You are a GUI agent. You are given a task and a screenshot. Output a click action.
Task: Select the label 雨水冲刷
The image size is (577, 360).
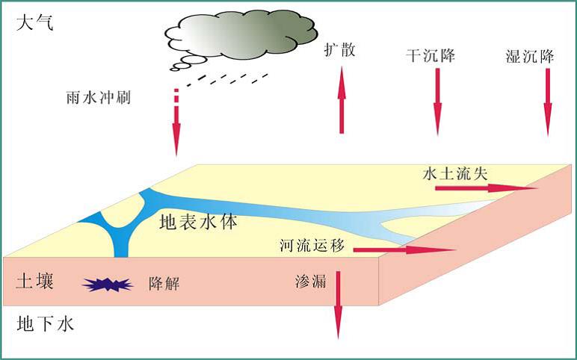[x=99, y=96]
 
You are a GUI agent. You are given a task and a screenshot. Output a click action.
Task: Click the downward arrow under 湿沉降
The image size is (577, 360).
[x=548, y=102]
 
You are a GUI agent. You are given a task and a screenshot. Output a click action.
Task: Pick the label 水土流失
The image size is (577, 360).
[x=455, y=173]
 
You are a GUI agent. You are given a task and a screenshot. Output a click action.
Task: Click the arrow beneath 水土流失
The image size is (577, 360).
[x=485, y=189]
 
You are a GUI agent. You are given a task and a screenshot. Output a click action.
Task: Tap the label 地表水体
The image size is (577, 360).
[x=198, y=222]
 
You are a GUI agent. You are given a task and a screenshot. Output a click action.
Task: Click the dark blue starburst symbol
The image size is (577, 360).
[x=107, y=285]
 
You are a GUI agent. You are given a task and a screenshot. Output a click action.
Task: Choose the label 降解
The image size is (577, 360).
[x=165, y=283]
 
